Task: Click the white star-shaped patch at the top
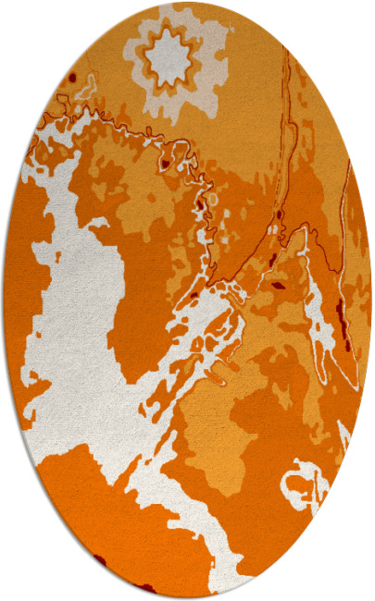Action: click(170, 55)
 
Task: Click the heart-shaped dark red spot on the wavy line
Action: click(165, 164)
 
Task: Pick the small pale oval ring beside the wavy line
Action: click(212, 198)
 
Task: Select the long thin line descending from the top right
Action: click(287, 139)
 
